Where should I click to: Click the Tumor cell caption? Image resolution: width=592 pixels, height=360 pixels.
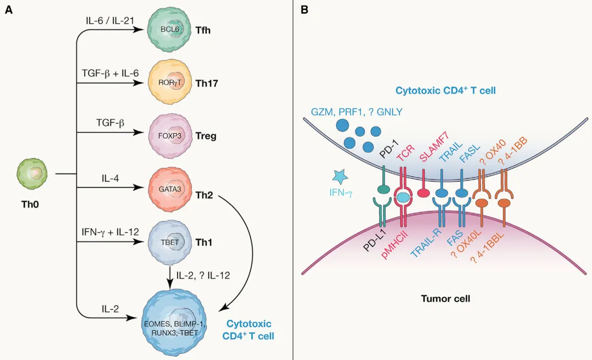click(x=445, y=298)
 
